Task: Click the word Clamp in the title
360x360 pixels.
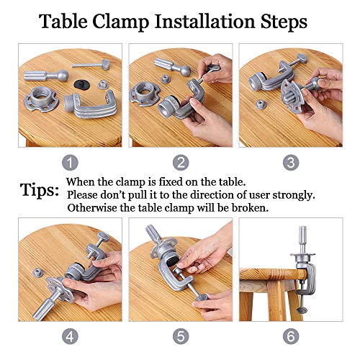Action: (120, 22)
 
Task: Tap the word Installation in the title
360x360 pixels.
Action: (204, 22)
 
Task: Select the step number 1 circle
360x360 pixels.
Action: (70, 163)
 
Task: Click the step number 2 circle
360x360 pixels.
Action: (181, 163)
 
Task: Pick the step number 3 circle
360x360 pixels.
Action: (291, 163)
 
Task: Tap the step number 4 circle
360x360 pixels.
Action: (70, 336)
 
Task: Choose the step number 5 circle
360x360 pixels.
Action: (181, 336)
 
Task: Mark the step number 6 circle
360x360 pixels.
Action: (291, 336)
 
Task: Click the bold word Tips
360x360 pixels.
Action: (39, 191)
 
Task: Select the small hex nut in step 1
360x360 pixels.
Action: (102, 85)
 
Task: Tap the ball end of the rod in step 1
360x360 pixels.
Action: (63, 75)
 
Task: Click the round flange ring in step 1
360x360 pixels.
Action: (41, 99)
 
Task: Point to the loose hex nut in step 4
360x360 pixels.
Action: (37, 272)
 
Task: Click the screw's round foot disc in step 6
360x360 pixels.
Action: (302, 310)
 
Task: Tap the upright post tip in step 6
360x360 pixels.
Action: (302, 228)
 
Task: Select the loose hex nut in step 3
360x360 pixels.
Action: (260, 105)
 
